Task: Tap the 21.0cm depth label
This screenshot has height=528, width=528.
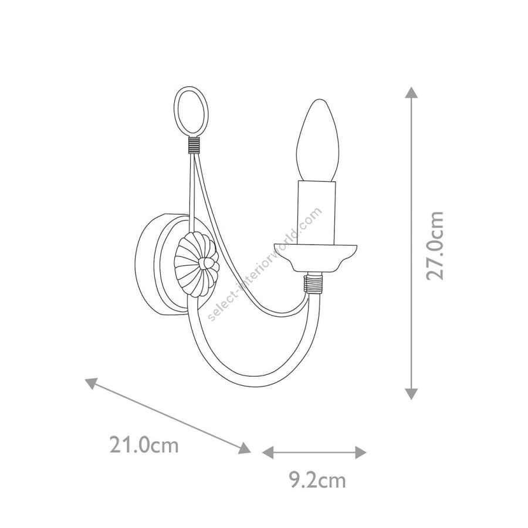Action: tap(144, 445)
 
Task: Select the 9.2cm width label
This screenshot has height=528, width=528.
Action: tap(318, 480)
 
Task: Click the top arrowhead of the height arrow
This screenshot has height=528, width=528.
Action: tap(411, 92)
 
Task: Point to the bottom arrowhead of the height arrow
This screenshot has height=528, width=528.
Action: tap(411, 394)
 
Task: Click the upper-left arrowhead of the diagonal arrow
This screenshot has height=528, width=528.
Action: tap(90, 383)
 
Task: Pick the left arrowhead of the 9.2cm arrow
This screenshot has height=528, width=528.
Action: tap(268, 452)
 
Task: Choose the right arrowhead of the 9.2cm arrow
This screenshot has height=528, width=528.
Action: tap(361, 452)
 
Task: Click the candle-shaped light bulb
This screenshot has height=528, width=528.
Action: tap(318, 140)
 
